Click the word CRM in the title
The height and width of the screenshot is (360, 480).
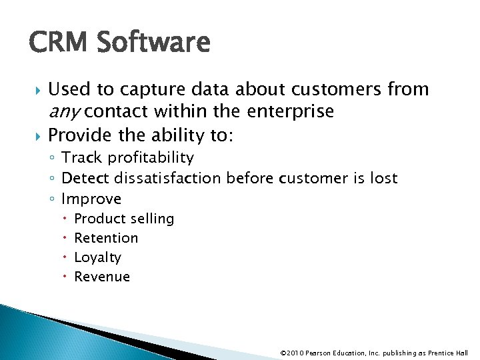click(58, 43)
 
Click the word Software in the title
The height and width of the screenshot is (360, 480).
click(153, 43)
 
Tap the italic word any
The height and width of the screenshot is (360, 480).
click(65, 112)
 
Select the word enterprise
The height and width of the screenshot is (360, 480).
click(291, 111)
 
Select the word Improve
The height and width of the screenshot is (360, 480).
click(91, 199)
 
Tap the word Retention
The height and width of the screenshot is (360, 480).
click(106, 237)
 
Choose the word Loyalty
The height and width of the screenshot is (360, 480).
click(97, 257)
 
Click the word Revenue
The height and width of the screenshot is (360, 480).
click(102, 276)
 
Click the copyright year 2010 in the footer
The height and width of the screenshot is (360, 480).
click(297, 353)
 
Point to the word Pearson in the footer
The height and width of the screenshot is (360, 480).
click(319, 353)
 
